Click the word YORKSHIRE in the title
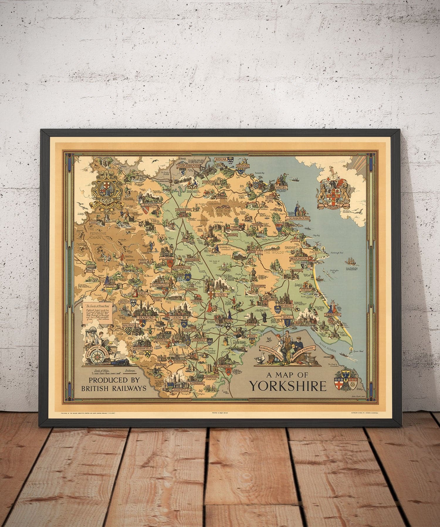(x=287, y=386)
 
